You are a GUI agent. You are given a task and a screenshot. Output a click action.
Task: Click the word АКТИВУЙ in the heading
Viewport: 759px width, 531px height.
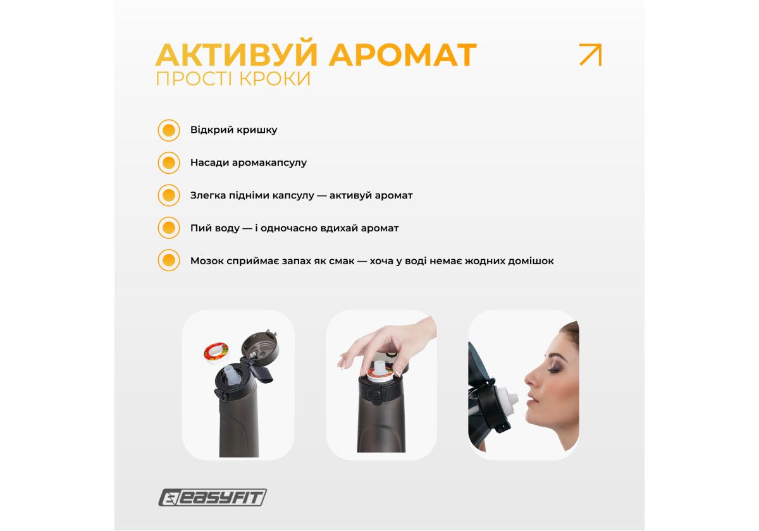tap(237, 54)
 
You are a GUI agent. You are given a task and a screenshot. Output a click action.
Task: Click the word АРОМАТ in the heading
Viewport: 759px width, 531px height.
tap(402, 54)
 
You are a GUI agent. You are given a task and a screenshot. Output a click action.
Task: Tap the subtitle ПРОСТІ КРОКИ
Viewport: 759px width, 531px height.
tap(233, 78)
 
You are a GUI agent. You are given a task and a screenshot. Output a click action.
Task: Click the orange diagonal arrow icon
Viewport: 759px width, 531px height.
tap(591, 54)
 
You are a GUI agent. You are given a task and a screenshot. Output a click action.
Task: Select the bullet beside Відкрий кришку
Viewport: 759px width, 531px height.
tap(169, 130)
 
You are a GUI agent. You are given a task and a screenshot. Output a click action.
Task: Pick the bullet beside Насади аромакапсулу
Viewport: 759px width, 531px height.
tap(169, 162)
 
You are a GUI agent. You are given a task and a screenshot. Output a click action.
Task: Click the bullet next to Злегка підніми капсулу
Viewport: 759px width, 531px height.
tap(169, 195)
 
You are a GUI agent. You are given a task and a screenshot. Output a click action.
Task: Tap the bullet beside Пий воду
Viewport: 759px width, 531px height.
tap(169, 228)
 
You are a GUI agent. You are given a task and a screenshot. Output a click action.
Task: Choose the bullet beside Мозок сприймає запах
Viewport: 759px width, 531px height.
tap(169, 260)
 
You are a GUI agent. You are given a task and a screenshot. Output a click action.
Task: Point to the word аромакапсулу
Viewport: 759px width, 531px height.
tap(269, 163)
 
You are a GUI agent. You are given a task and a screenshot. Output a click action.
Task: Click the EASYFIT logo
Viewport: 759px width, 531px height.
tap(213, 497)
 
